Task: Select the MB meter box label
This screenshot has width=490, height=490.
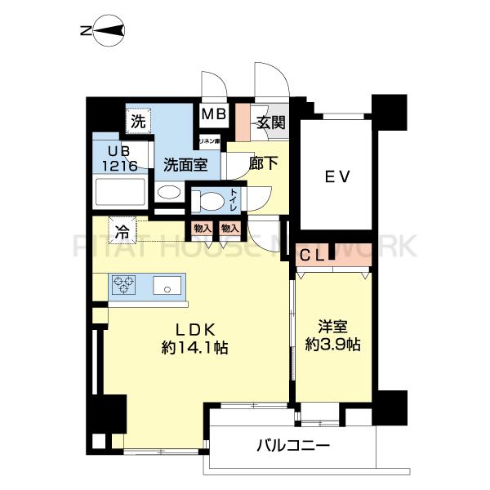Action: [215, 115]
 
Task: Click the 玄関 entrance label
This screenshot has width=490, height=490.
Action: [270, 123]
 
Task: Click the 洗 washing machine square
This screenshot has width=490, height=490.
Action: [138, 122]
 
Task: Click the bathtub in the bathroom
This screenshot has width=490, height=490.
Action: [120, 193]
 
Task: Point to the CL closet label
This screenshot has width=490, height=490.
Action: [314, 255]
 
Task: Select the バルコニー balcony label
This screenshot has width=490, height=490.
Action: [292, 446]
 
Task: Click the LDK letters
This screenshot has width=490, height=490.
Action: [194, 329]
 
